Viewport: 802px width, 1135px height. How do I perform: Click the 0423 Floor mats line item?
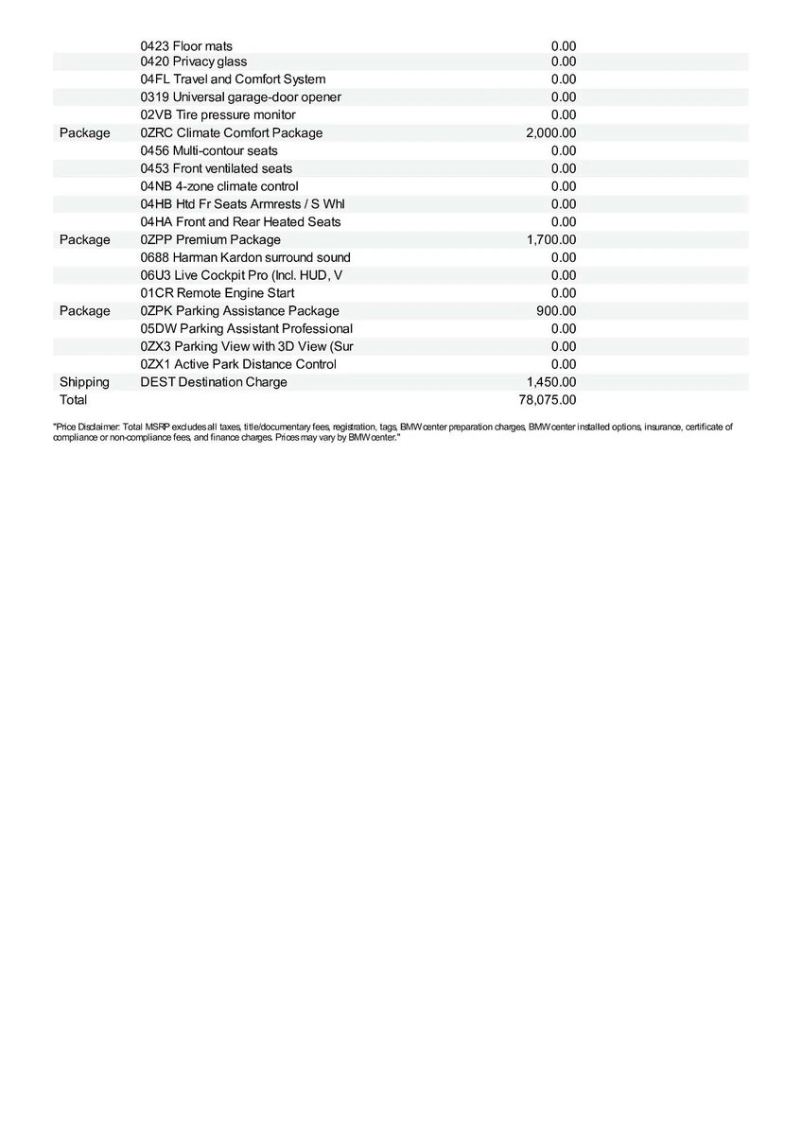point(186,45)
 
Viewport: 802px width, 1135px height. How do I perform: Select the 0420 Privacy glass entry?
point(193,61)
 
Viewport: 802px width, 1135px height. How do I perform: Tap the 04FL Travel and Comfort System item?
point(233,79)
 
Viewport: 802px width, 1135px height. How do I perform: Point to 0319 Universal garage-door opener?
point(240,97)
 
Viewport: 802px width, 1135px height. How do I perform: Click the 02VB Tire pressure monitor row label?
point(218,114)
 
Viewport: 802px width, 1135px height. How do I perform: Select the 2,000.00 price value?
point(550,132)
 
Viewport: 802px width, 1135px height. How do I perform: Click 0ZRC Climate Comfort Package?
point(231,132)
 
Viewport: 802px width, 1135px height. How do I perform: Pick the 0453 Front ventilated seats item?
point(216,168)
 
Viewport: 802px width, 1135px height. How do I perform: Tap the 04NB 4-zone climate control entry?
point(218,186)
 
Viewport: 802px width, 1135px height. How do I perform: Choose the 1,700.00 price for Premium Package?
point(550,239)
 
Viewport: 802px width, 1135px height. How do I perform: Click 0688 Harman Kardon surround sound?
point(245,257)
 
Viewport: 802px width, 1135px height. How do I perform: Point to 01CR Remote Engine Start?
point(217,293)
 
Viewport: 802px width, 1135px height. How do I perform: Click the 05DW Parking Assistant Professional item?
point(246,328)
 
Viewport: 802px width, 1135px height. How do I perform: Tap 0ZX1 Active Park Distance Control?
point(237,364)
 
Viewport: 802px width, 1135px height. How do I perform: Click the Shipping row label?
point(84,382)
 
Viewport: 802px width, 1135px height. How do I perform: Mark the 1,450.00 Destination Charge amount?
point(550,382)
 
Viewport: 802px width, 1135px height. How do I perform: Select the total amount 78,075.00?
point(547,400)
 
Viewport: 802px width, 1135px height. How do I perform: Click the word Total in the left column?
point(73,400)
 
